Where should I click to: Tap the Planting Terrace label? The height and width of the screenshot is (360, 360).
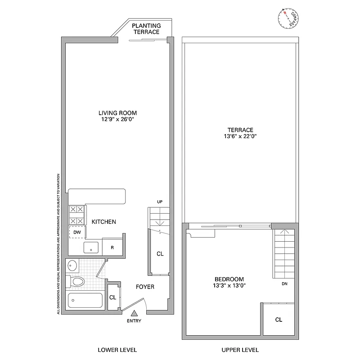click(x=146, y=29)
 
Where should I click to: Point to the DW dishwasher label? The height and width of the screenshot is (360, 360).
click(x=77, y=232)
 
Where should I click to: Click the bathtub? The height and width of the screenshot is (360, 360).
click(x=85, y=301)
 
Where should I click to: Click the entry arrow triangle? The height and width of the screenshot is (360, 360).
click(x=134, y=313)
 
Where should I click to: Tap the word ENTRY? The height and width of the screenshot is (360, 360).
click(x=134, y=321)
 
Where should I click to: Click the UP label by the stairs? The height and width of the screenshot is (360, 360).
click(x=159, y=202)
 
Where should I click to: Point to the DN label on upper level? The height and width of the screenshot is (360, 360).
click(x=284, y=284)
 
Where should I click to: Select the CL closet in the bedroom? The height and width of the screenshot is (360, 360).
click(x=279, y=320)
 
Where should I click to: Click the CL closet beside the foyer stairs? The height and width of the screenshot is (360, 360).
click(x=160, y=254)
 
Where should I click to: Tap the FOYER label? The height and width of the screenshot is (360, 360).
click(x=145, y=287)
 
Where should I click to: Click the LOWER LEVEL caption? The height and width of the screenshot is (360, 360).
click(x=117, y=350)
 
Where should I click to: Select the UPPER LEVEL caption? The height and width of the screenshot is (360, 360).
click(x=240, y=350)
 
